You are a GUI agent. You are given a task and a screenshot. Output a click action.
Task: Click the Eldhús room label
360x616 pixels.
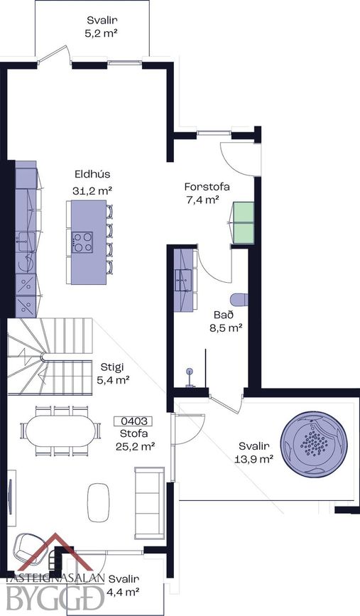pyautogui.click(x=92, y=174)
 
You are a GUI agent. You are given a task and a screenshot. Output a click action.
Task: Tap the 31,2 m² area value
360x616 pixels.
pyautogui.click(x=92, y=191)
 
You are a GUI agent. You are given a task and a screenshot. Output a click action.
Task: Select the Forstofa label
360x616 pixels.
pyautogui.click(x=207, y=187)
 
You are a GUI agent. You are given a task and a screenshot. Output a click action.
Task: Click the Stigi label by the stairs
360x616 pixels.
pyautogui.click(x=112, y=367)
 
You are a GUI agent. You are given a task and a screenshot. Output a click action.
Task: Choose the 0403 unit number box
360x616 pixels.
pyautogui.click(x=133, y=421)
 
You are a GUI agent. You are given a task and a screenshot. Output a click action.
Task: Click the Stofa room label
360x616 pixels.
pyautogui.click(x=134, y=433)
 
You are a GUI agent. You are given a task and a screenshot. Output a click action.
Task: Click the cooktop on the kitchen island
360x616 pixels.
pyautogui.click(x=83, y=242)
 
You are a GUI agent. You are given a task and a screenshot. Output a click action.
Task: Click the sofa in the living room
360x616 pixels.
pyautogui.click(x=149, y=503)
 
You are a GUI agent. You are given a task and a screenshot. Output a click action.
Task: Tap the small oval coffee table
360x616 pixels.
pyautogui.click(x=98, y=502)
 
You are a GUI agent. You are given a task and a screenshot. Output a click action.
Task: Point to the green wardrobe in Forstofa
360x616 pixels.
pyautogui.click(x=244, y=223)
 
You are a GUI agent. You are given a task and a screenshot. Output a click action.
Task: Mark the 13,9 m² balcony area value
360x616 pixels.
pyautogui.click(x=253, y=458)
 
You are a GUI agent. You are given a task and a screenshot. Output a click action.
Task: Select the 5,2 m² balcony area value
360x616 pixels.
pyautogui.click(x=102, y=33)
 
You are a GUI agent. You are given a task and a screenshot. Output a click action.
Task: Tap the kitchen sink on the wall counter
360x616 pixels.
pyautogui.click(x=25, y=242)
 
